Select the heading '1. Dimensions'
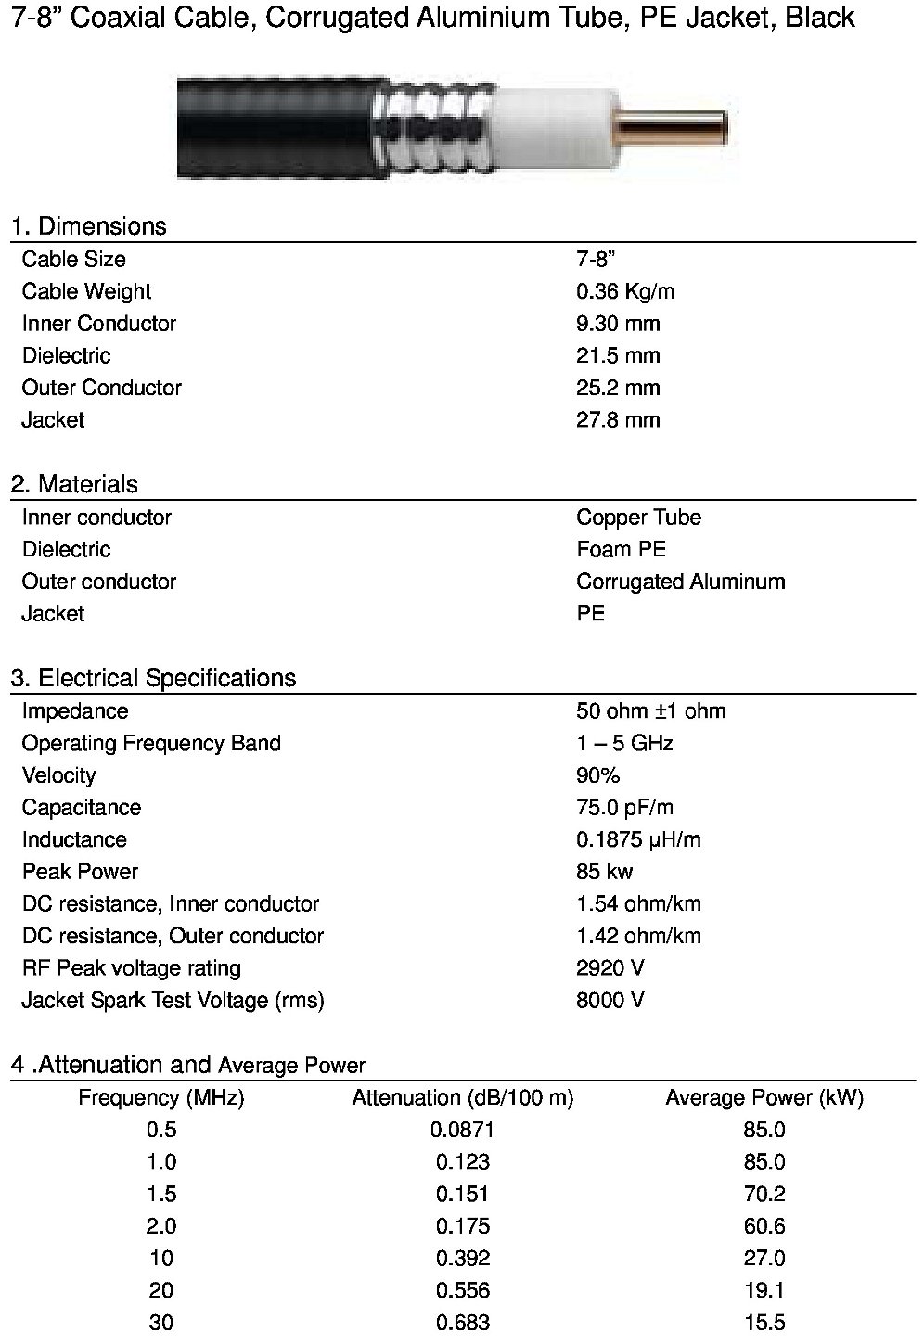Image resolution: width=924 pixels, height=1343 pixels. tap(89, 226)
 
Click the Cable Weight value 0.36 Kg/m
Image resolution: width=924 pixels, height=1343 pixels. tap(624, 291)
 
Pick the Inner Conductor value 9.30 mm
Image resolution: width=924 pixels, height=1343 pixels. tap(618, 324)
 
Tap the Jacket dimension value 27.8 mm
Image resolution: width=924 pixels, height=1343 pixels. tap(618, 420)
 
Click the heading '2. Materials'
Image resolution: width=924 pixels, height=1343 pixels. tap(74, 484)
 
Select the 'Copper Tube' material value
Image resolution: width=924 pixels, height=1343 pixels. tap(638, 518)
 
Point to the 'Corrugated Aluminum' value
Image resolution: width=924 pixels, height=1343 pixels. tap(680, 582)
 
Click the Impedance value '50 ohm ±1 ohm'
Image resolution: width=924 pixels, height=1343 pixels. tap(650, 711)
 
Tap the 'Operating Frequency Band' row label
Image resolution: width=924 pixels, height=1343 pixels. tap(151, 743)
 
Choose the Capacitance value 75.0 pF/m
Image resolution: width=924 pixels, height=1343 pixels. tap(623, 808)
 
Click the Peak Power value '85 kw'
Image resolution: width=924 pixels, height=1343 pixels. tap(604, 872)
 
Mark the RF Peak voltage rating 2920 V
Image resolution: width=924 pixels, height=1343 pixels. tap(610, 968)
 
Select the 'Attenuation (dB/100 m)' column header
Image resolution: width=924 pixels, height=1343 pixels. tap(463, 1098)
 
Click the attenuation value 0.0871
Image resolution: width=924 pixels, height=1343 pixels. tap(463, 1130)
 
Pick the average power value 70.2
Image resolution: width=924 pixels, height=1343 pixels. tap(764, 1194)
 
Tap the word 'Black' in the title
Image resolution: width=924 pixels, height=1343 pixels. tap(820, 18)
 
